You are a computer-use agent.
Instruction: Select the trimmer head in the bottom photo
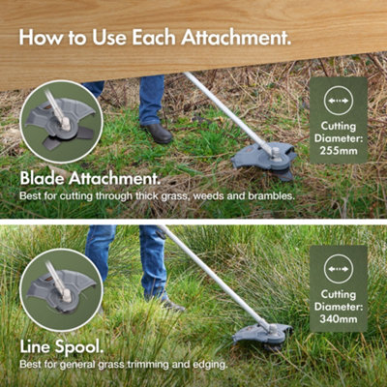pyautogui.click(x=261, y=335)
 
